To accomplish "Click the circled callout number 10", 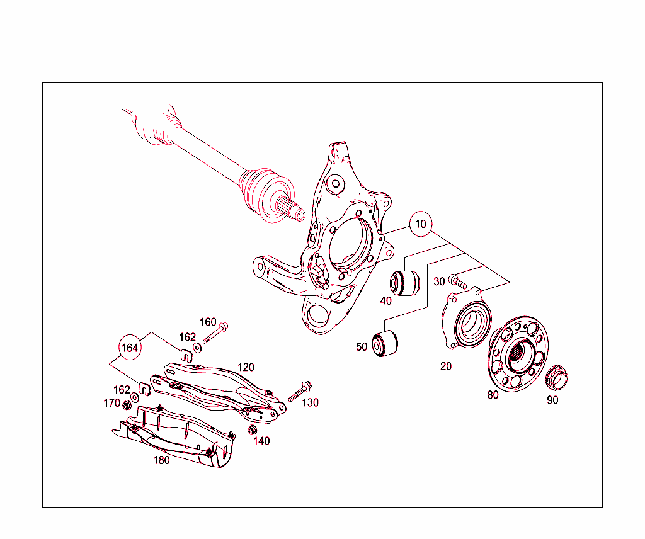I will [x=421, y=224].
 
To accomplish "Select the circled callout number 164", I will [x=130, y=347].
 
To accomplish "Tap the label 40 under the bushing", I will [x=385, y=301].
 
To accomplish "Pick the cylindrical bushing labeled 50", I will [x=384, y=343].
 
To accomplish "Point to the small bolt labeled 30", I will [x=458, y=281].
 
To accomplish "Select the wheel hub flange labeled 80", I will [x=518, y=353].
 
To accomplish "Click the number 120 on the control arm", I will [x=246, y=367].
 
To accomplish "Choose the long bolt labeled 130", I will [x=301, y=391].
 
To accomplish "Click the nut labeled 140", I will [x=252, y=430].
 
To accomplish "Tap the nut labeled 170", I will [x=126, y=404].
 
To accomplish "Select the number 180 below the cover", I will [x=161, y=460].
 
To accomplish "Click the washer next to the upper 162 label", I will [x=197, y=347].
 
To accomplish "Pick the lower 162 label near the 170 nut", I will [x=122, y=390].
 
